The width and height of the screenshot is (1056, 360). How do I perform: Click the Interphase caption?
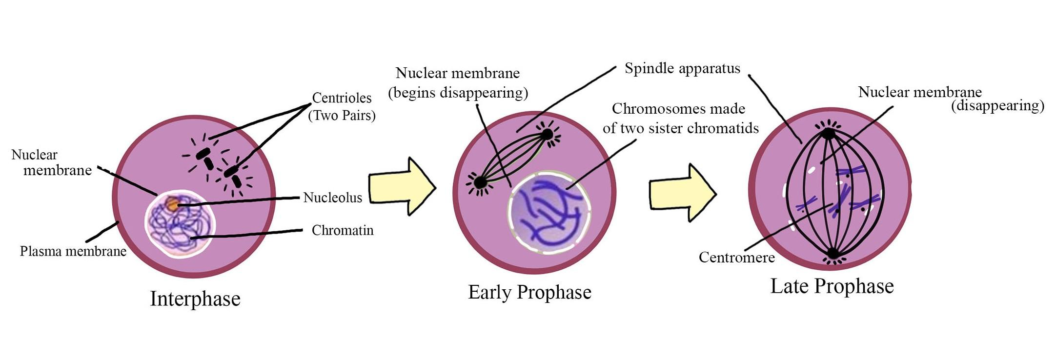coord(195,299)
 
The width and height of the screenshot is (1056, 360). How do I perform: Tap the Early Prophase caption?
coord(529,292)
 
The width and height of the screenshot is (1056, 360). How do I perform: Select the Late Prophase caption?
coord(832,286)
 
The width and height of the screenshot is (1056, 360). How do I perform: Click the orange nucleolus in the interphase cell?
coord(172,203)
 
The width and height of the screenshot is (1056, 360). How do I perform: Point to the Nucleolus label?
coord(332,198)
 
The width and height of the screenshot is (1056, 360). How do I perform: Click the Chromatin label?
coord(342,230)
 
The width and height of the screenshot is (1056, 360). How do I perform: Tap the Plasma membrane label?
coord(73,251)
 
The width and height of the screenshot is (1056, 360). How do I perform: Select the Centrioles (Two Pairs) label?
coord(342,106)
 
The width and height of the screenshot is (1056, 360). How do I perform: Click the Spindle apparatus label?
coord(682,68)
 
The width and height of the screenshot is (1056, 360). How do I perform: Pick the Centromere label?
coord(736,257)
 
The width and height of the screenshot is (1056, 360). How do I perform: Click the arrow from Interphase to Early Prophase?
coord(401,186)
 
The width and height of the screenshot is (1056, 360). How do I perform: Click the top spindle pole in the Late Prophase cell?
coord(828,133)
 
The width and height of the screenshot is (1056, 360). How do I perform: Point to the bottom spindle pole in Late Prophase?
coord(833,254)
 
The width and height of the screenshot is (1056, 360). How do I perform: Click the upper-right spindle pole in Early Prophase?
coord(547,134)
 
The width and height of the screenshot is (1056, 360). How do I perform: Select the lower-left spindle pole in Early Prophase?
coord(480,182)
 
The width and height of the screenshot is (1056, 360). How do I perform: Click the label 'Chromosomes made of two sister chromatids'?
coord(680,118)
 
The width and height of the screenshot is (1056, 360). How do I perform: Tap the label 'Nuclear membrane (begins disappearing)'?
coord(458,83)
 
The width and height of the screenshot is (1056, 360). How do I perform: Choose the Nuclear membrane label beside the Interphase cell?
coord(51,162)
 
